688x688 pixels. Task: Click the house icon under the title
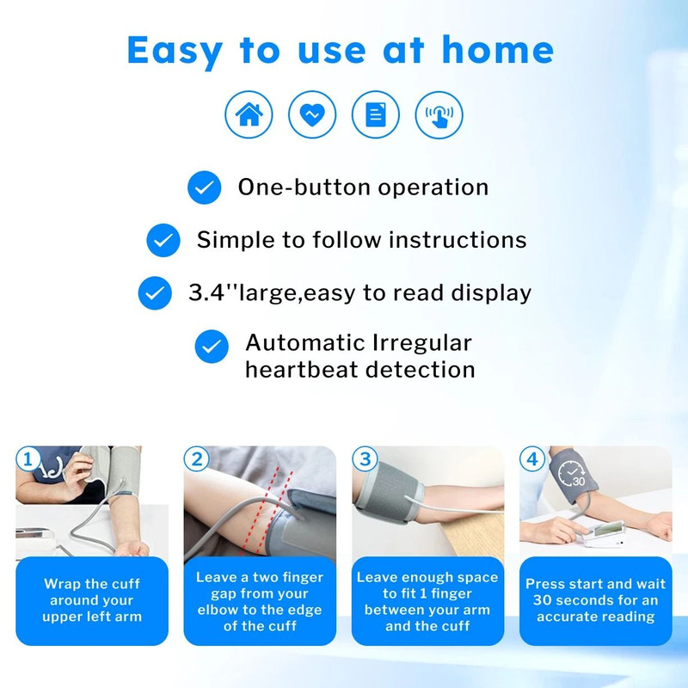[x=249, y=114]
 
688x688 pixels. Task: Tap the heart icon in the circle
[x=312, y=114]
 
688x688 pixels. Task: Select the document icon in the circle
[x=376, y=114]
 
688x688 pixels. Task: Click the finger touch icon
[x=439, y=114]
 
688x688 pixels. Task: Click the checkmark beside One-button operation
[x=204, y=187]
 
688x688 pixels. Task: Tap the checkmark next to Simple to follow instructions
[x=163, y=240]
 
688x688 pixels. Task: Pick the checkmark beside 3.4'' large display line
[x=155, y=293]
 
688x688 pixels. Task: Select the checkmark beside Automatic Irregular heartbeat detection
[x=211, y=347]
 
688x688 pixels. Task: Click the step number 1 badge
[x=28, y=459]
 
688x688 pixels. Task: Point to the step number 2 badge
[x=197, y=459]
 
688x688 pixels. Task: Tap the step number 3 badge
[x=365, y=459]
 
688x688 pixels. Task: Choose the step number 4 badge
[x=533, y=459]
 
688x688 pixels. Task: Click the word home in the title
[x=497, y=51]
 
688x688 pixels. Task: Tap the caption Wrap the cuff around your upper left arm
[x=92, y=600]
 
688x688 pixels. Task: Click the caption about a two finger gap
[x=260, y=601]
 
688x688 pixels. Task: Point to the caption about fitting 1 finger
[x=427, y=601]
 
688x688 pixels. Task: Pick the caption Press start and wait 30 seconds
[x=595, y=600]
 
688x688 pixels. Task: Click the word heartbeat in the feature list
[x=302, y=370]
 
